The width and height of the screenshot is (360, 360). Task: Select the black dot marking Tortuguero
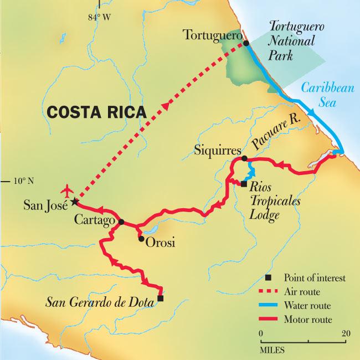click(x=243, y=43)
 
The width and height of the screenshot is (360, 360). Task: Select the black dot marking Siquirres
click(x=244, y=159)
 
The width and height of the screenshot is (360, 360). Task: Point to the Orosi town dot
click(x=141, y=239)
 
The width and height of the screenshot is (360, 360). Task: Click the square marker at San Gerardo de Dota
click(x=160, y=299)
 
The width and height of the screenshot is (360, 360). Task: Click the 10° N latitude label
click(x=23, y=181)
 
